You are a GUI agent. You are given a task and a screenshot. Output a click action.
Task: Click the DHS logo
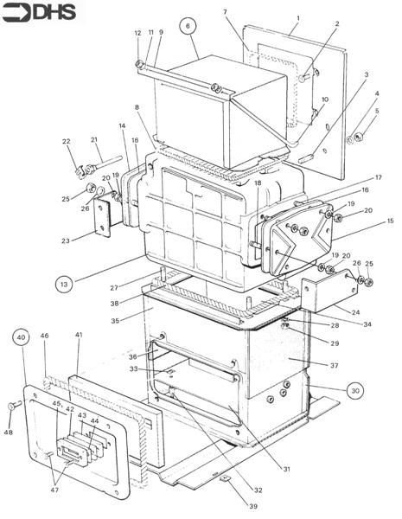39,13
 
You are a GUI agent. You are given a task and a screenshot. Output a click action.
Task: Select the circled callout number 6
188,26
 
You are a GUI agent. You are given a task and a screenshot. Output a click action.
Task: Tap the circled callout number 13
64,284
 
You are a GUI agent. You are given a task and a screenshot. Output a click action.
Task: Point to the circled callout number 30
355,391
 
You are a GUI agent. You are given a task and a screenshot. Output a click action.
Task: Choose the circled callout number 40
21,337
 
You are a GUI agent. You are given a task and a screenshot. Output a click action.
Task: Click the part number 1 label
297,18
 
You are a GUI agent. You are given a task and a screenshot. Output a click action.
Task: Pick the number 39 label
253,506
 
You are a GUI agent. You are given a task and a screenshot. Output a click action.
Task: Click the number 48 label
9,432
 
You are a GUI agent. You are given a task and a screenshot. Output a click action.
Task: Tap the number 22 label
67,141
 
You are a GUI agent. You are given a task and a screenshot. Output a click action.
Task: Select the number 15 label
391,221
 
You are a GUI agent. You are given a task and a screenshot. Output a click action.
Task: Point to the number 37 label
335,365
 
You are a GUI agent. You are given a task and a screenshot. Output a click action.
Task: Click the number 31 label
286,469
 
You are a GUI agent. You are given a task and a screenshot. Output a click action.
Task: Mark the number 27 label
114,288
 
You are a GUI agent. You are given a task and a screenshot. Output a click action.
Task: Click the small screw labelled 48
15,405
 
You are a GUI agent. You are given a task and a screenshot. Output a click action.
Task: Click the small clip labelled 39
225,478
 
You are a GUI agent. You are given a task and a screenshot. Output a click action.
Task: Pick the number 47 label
54,490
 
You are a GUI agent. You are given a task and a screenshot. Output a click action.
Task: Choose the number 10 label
325,99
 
